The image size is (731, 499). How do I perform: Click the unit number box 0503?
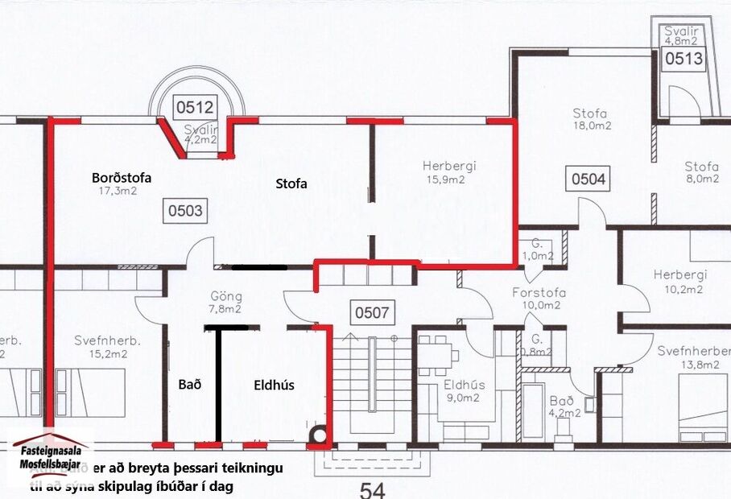184,212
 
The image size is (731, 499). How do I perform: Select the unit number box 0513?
684,58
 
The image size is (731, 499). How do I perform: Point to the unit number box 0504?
589,179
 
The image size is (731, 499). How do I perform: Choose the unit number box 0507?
369,312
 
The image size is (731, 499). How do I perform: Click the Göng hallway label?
226,295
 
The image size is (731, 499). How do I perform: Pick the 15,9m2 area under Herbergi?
449,180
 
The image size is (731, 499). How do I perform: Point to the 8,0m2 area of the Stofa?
701,179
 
